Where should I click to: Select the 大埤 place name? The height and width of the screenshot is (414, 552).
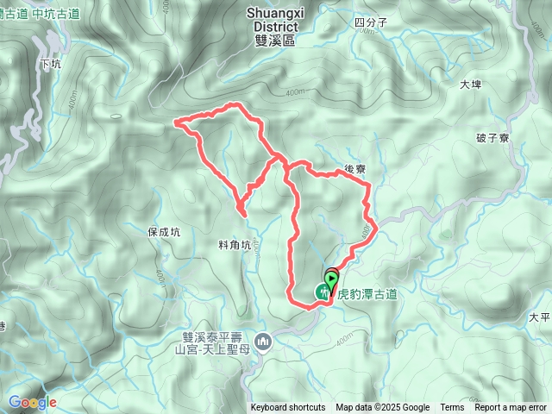coord(469,85)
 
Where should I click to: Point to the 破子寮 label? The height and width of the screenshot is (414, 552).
coord(493,137)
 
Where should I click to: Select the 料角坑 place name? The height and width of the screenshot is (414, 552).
coord(234,245)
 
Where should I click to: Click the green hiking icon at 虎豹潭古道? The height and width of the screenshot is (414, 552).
coord(323,292)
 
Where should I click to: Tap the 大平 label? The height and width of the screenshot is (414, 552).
coord(540,317)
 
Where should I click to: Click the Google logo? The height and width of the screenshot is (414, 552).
coord(32,402)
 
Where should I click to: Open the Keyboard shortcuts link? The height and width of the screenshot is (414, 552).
coord(288,408)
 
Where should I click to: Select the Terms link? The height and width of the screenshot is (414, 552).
coord(452,408)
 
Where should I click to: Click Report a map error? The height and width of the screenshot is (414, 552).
coord(510,408)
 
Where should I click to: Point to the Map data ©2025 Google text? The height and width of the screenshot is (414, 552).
coord(382,408)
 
